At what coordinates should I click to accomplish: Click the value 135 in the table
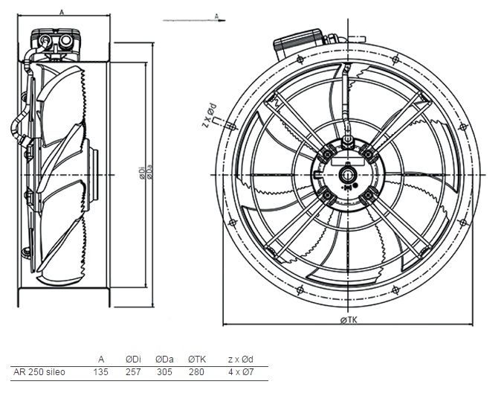point(100,372)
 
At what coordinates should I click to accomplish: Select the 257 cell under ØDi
point(133,372)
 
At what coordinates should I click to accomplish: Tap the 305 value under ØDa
point(164,372)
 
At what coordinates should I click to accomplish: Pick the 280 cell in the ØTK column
point(196,372)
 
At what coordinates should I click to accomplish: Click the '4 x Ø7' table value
point(241,372)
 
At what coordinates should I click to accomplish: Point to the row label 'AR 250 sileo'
point(39,372)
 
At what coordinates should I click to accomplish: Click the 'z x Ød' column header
point(241,360)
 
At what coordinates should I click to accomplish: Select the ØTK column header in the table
point(197,360)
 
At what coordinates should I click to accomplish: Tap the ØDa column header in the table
point(164,360)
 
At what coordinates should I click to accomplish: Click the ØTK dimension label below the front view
point(349,320)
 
